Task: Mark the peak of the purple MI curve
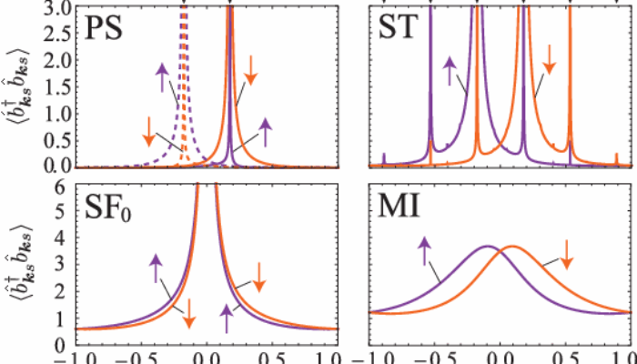[x=489, y=247]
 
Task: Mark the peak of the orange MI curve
[x=513, y=247]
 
